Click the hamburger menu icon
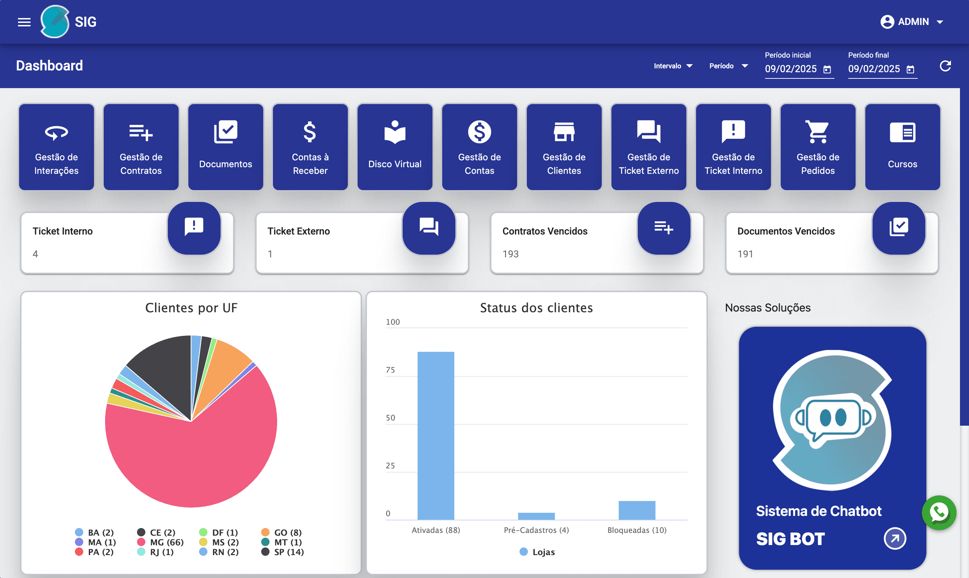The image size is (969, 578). [x=24, y=22]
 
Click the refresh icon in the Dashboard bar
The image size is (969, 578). [x=945, y=66]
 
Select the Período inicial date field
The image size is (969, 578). [x=791, y=69]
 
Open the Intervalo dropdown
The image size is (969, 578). [x=673, y=66]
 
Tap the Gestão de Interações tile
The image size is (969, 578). [x=57, y=147]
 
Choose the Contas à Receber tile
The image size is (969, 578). [x=310, y=147]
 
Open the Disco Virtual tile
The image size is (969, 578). [x=395, y=147]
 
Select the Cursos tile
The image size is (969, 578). [x=902, y=147]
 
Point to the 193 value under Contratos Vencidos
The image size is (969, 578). [x=511, y=254]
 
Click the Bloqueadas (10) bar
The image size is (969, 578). [x=637, y=510]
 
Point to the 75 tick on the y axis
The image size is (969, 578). [x=390, y=370]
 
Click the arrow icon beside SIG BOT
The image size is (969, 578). [x=895, y=539]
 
